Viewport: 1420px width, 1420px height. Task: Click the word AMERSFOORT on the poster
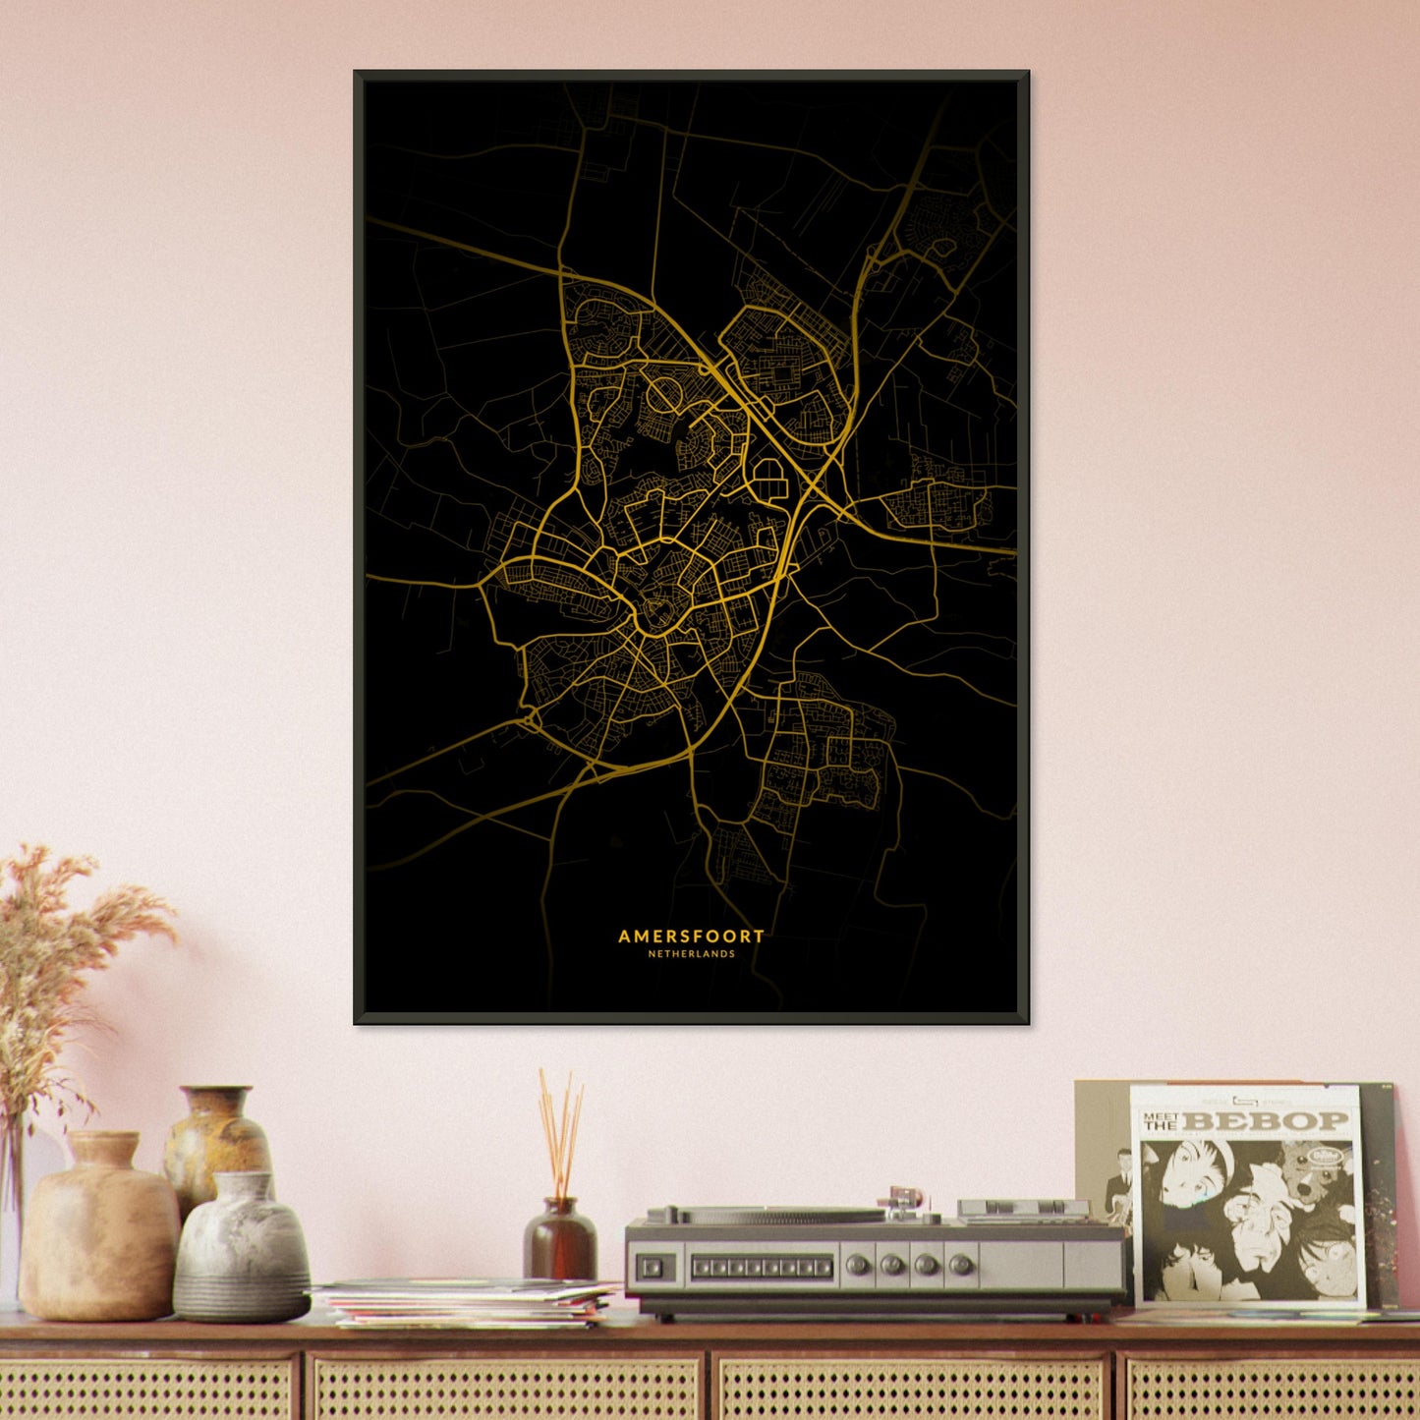click(x=691, y=937)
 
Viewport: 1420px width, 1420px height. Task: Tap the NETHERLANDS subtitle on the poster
click(x=691, y=954)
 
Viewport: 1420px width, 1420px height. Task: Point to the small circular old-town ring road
click(x=655, y=614)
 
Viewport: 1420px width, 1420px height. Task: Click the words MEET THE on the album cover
click(x=1161, y=1121)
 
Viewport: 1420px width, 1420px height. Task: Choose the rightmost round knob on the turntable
click(x=962, y=1265)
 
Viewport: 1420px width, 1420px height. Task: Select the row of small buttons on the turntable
click(x=762, y=1268)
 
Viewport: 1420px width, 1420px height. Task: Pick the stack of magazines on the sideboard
click(x=467, y=1302)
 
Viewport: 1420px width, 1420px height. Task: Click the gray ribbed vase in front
click(x=242, y=1248)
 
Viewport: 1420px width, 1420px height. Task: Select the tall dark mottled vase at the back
click(x=216, y=1140)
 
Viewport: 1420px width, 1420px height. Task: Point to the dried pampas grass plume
click(x=59, y=943)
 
